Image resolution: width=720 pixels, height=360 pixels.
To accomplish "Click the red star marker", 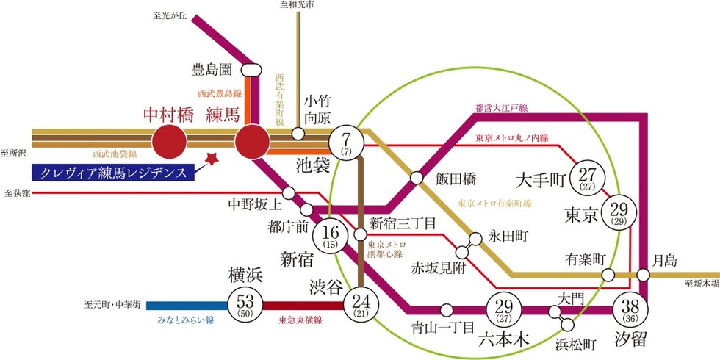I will [x=212, y=159].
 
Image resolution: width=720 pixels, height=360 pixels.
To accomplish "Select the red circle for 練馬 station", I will [x=253, y=140].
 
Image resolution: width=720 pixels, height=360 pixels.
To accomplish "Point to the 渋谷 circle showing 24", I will [x=360, y=303].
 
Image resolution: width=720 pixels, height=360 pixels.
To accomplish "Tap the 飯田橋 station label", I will [x=456, y=178].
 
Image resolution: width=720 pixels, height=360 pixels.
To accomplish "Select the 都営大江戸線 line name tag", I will [x=502, y=109].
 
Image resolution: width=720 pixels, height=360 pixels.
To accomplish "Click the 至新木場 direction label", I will [x=699, y=283].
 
